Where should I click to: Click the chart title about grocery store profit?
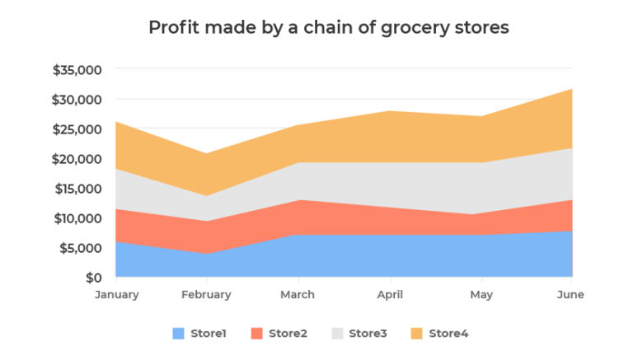[x=328, y=27]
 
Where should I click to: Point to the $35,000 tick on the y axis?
[x=77, y=70]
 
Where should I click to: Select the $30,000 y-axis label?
[x=77, y=100]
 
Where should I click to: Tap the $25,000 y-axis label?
[x=77, y=129]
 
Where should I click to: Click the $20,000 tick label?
[x=77, y=159]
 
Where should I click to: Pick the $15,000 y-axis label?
[x=77, y=189]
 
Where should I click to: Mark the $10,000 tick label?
[x=77, y=218]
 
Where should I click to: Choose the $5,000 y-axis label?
[x=80, y=248]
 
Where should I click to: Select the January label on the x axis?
[x=116, y=295]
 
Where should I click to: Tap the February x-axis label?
[x=206, y=295]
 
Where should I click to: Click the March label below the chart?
[x=298, y=295]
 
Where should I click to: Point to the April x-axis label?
[x=389, y=295]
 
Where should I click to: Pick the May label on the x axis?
[x=481, y=295]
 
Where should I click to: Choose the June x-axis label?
[x=570, y=295]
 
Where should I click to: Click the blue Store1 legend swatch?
[x=179, y=334]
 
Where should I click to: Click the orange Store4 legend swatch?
[x=417, y=334]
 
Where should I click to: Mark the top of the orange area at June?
[x=572, y=89]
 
